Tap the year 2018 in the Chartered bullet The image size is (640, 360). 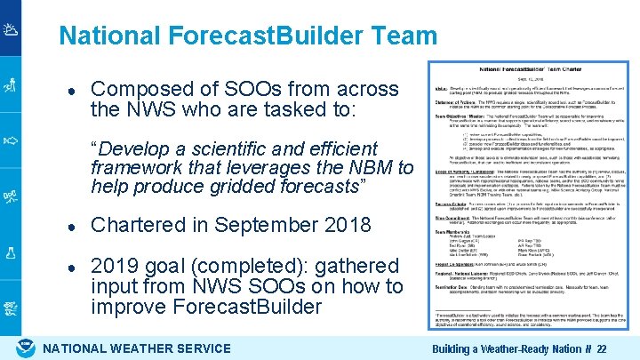(x=346, y=225)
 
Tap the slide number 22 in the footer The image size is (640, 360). (x=602, y=349)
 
